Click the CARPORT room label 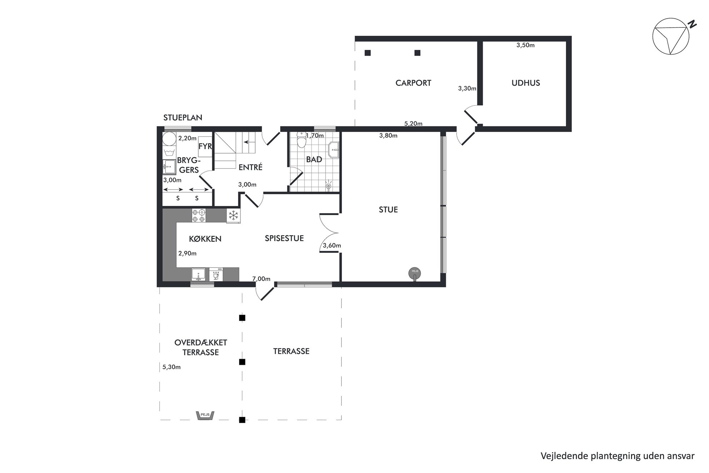(413, 83)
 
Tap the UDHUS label (526, 83)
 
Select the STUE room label (388, 210)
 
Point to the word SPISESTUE (284, 238)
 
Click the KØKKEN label (205, 239)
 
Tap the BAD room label (314, 159)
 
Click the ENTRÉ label (251, 167)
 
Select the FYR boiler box (205, 147)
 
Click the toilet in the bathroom (302, 141)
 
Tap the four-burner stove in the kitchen (199, 215)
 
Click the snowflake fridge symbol (233, 216)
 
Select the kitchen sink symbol (198, 275)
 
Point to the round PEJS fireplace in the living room (415, 274)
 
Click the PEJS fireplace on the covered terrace (205, 415)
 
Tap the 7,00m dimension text (261, 279)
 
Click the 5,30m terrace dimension (172, 367)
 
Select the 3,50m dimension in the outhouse (525, 45)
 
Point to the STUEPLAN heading (183, 118)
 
